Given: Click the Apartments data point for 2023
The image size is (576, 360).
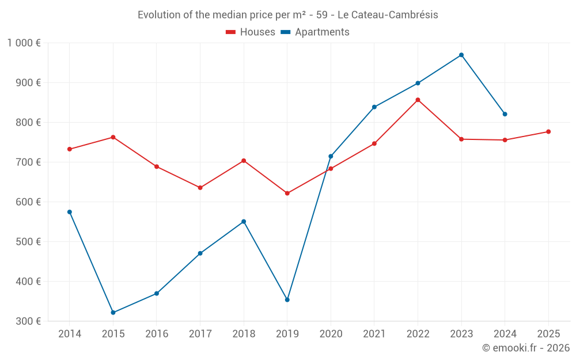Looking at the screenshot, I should point(461,55).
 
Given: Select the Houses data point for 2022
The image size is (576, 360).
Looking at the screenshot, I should point(418,100).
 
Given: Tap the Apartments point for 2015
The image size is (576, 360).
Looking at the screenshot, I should point(113,313).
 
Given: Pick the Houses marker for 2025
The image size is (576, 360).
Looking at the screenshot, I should point(548,132).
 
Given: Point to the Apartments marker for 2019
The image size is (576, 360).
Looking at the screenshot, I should point(287,300).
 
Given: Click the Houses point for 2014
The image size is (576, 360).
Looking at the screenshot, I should point(70,149).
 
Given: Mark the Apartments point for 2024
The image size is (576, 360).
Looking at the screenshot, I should point(505,114).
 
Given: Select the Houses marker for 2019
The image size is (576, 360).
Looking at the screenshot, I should point(287,193).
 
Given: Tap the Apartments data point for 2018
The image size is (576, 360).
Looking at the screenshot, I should point(244,221).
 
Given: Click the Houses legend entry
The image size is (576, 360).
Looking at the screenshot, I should point(251,32).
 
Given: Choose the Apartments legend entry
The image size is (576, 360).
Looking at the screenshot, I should point(315,32).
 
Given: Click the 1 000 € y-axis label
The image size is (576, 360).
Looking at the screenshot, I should point(24,43).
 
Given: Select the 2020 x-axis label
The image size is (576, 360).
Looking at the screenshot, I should point(331,334).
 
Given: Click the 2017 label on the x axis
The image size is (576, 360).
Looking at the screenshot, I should point(200,334).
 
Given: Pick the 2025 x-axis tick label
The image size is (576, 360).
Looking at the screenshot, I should point(548,334).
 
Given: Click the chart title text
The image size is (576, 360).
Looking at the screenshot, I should point(288,15).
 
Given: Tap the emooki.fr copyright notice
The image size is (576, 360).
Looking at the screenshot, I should point(526,348).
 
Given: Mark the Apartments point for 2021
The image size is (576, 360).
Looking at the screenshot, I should point(374,107).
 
